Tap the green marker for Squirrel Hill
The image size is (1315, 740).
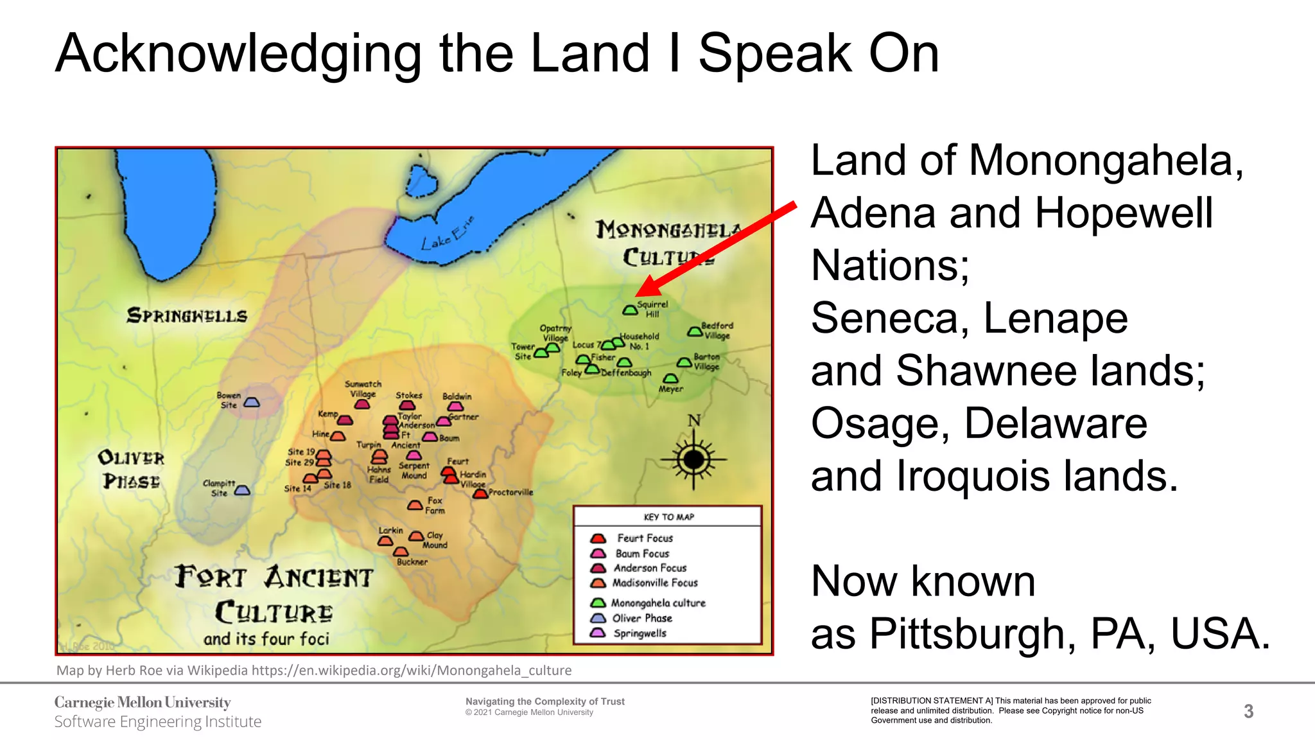(630, 310)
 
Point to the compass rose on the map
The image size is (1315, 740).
(693, 459)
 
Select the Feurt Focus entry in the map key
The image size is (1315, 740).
(644, 538)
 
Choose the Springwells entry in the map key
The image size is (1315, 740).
(640, 633)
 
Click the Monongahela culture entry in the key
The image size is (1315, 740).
(657, 603)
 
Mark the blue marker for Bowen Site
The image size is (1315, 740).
(252, 402)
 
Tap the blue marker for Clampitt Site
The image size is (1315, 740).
(242, 490)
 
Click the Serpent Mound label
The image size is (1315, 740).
(414, 470)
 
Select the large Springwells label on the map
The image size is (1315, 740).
(187, 315)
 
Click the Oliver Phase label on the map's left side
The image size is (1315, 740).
(131, 470)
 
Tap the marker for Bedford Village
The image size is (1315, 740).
(695, 331)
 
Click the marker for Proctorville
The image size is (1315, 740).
(480, 493)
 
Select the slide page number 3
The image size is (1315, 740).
(1248, 711)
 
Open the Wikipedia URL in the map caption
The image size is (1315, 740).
(411, 671)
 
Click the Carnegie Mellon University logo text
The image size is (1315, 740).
(143, 702)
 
